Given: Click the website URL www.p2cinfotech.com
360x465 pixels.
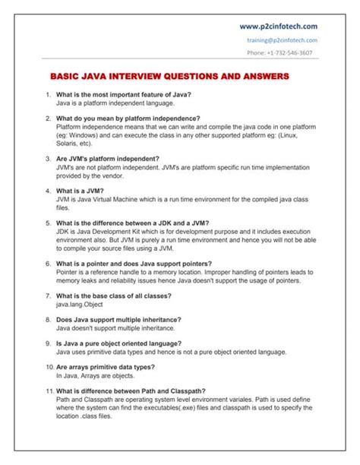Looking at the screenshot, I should pos(278,27).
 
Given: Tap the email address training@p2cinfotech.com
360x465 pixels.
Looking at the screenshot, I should pos(283,40).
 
